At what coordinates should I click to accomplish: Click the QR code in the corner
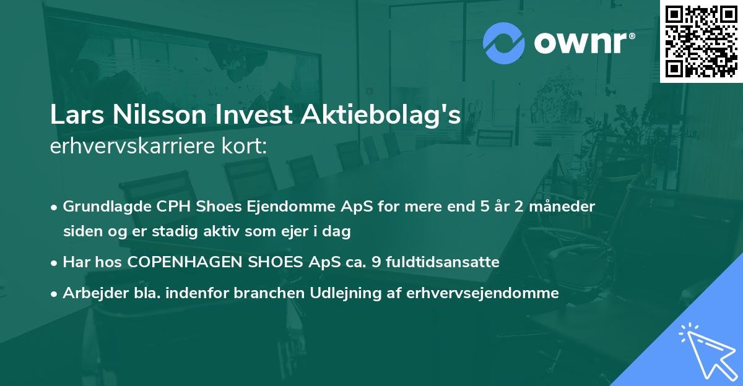click(x=701, y=41)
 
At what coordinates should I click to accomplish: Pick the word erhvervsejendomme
click(x=483, y=293)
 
